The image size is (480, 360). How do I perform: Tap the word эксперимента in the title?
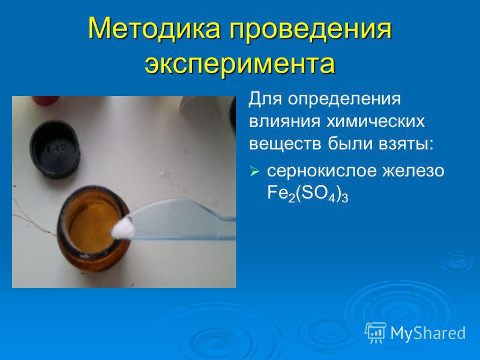[240, 64]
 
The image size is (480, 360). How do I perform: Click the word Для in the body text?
[265, 99]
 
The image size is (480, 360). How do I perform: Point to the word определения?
[344, 100]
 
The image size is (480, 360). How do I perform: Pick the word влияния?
[284, 122]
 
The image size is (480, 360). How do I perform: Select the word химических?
[376, 122]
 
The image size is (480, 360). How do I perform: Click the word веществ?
[285, 143]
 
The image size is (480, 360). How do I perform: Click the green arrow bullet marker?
[254, 171]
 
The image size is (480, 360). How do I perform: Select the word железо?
[413, 170]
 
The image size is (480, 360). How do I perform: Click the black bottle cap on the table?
[55, 149]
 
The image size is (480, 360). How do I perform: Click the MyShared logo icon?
[375, 333]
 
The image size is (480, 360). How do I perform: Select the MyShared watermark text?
[428, 333]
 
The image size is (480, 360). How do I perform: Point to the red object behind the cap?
[46, 100]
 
